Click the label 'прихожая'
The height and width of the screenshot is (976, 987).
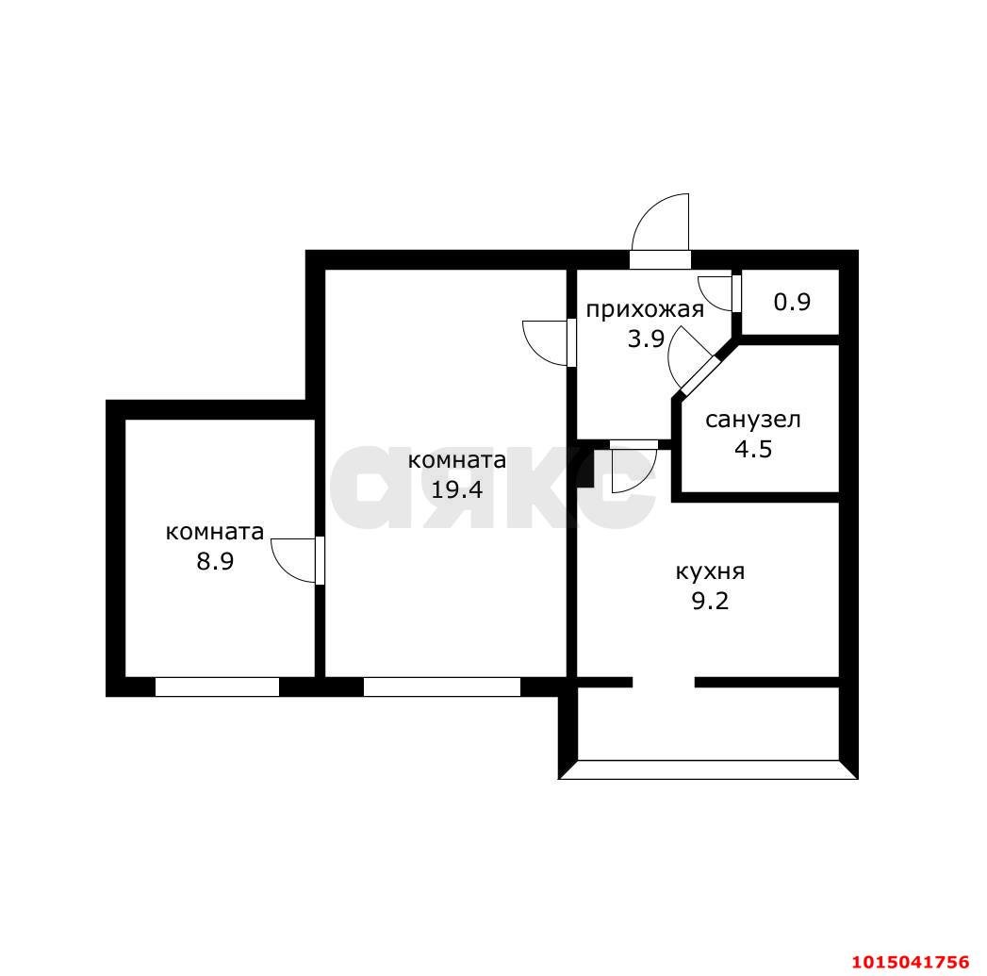[x=645, y=310]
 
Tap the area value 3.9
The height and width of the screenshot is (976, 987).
[x=647, y=339]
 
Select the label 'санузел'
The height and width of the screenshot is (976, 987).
[x=752, y=420]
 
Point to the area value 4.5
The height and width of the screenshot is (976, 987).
[x=752, y=448]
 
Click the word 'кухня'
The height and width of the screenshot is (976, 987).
[x=710, y=571]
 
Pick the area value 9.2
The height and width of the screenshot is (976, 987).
[x=710, y=601]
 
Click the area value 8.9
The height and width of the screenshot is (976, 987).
[x=214, y=561]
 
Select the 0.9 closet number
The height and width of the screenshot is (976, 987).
[x=792, y=303]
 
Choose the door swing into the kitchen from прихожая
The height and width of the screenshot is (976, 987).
[x=633, y=467]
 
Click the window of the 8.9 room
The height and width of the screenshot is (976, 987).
[x=217, y=687]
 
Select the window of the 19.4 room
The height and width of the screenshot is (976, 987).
[x=441, y=687]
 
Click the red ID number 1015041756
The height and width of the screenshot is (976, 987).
[x=910, y=962]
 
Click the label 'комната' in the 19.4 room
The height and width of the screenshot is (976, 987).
[x=456, y=460]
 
